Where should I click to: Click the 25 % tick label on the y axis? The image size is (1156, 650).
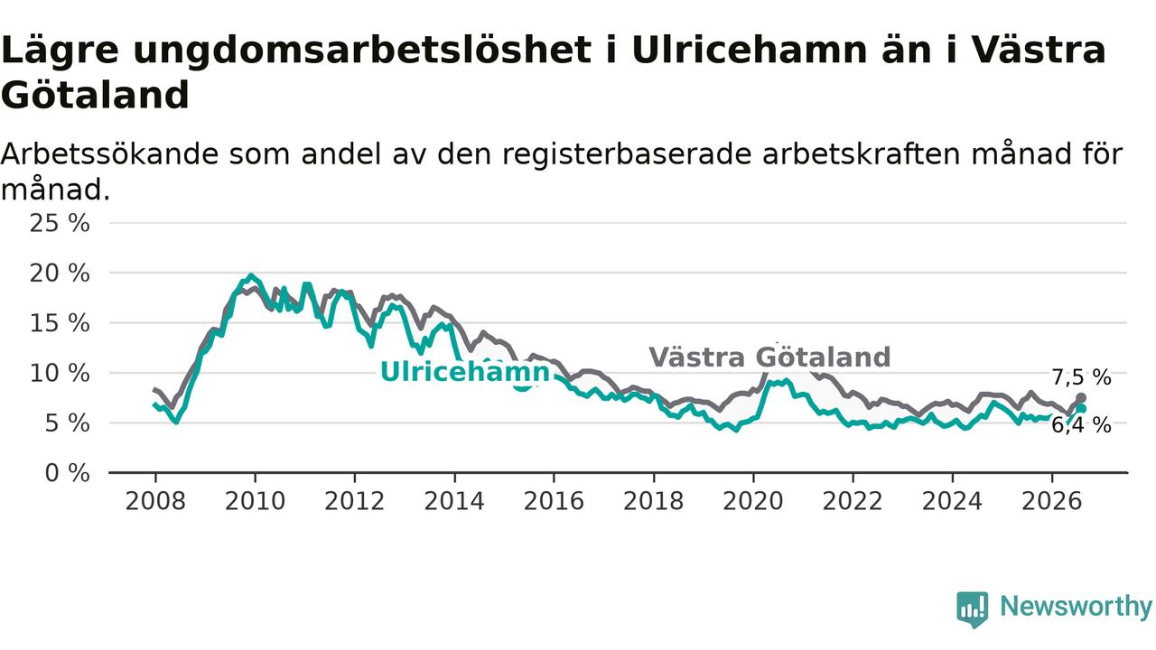point(60,224)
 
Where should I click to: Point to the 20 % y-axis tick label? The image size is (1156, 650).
point(60,274)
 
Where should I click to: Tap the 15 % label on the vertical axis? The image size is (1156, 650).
point(60,323)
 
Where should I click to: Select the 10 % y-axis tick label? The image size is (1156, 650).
point(60,374)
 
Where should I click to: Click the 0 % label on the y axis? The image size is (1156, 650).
point(68,473)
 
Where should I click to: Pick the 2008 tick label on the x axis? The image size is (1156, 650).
point(155,501)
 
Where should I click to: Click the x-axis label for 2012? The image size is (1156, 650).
point(355,501)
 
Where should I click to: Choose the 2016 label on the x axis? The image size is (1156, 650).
point(554,501)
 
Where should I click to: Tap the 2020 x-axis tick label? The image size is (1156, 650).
point(753,501)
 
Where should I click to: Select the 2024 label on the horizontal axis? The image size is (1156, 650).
point(952,501)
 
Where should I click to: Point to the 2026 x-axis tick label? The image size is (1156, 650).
point(1052,501)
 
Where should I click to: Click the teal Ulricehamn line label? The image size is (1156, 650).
point(465,371)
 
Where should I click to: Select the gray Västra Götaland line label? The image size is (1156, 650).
point(769,357)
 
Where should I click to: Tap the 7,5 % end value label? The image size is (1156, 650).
point(1081,377)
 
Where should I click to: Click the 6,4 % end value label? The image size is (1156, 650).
point(1081,425)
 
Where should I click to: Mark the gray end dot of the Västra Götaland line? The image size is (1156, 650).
point(1081,398)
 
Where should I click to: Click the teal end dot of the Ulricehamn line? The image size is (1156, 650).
point(1081,409)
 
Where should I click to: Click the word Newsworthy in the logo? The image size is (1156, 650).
point(1076,606)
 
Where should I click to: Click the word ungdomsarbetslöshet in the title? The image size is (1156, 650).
point(362,51)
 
